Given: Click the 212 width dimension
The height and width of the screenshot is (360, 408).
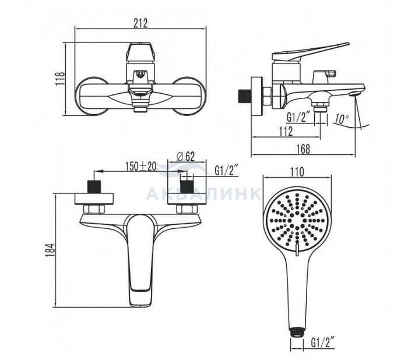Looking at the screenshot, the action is click(x=140, y=23).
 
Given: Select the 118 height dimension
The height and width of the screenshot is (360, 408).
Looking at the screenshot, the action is click(x=61, y=78).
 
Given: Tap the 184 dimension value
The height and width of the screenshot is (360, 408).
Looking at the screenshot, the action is click(x=50, y=250).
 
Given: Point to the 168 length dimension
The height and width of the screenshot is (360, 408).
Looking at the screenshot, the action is click(x=303, y=149).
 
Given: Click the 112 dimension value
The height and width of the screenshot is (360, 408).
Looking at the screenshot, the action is click(x=286, y=131).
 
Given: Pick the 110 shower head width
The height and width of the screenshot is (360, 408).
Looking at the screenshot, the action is click(x=297, y=172).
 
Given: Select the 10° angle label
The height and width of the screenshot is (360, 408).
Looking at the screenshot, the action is click(x=342, y=119).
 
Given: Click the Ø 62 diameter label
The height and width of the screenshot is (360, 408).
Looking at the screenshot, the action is click(x=185, y=156).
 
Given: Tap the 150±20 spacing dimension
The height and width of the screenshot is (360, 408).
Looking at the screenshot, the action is click(x=140, y=166).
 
